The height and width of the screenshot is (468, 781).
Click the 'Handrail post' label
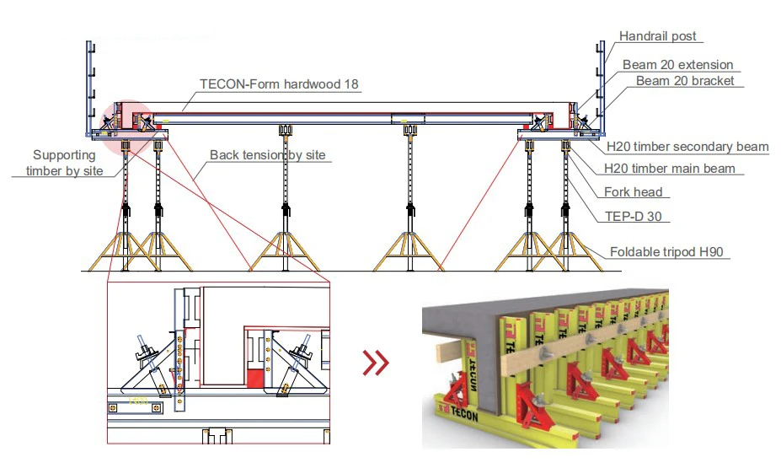tap(657, 36)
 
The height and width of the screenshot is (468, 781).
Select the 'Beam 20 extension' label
tap(677, 65)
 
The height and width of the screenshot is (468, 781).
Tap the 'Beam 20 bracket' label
tap(684, 81)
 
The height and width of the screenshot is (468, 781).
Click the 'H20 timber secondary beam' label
tap(687, 147)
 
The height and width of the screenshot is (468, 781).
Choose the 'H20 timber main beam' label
tap(670, 169)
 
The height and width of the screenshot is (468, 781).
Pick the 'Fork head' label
tap(633, 192)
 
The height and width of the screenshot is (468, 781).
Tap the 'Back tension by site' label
tap(267, 155)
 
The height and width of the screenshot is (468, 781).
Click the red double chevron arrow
tap(376, 363)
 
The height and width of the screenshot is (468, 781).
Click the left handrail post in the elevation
tap(88, 84)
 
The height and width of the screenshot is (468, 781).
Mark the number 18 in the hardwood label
tap(352, 84)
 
